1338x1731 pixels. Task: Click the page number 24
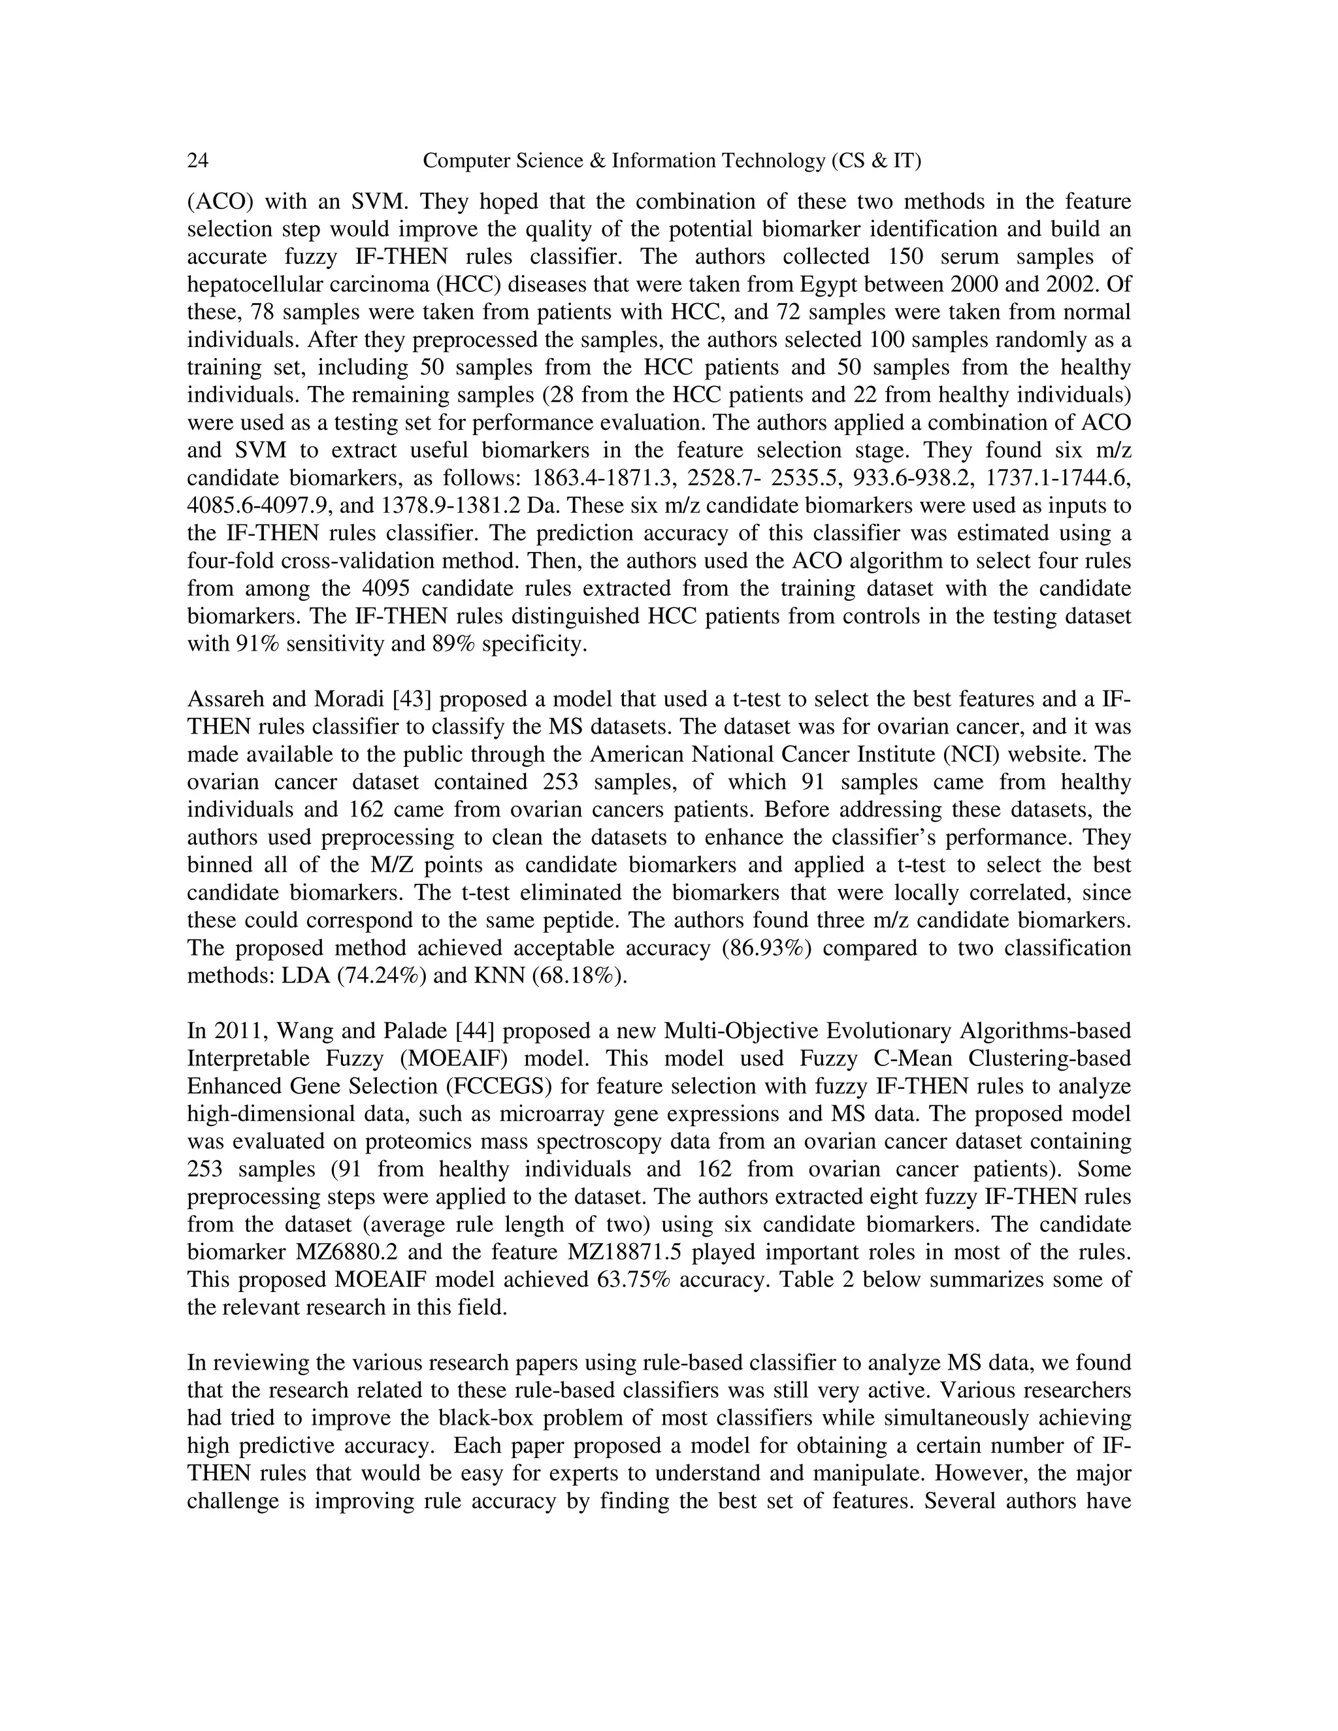coord(197,161)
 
